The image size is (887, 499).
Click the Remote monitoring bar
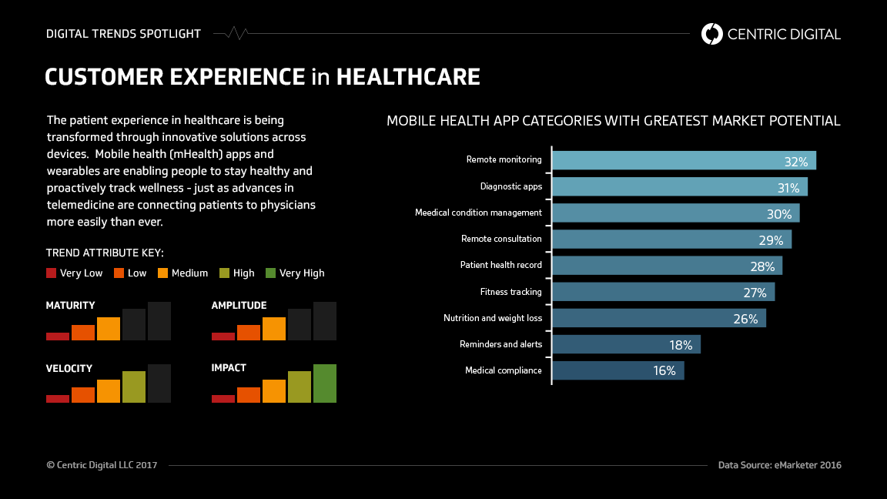point(684,160)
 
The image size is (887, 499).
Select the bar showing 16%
point(618,370)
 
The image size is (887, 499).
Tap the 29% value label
point(771,240)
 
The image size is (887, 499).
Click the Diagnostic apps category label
point(510,186)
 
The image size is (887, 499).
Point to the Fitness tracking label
point(510,292)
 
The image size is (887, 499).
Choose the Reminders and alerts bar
point(626,344)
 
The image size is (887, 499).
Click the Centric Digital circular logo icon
point(712,34)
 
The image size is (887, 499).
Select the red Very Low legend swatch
point(52,273)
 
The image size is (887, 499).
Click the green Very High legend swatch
point(270,273)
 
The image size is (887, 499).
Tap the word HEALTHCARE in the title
point(408,77)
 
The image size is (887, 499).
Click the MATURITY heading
point(71,306)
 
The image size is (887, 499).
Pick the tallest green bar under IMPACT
point(324,383)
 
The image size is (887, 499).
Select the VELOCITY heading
point(69,368)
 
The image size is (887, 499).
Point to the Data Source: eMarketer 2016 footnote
point(779,465)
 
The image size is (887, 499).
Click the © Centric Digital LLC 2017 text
point(102,465)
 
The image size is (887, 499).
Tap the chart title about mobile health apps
point(613,121)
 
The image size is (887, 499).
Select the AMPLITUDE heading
point(239,306)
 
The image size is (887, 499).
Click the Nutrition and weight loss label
point(492,318)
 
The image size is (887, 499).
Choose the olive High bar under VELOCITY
point(133,387)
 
